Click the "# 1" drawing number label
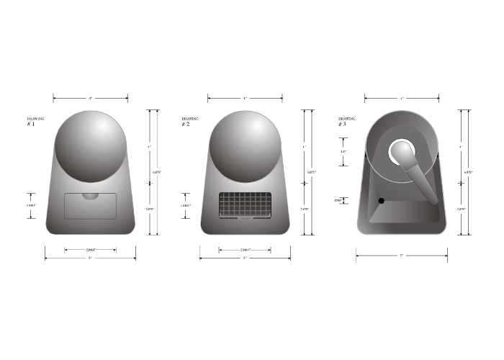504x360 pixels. point(30,125)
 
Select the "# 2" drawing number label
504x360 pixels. point(185,125)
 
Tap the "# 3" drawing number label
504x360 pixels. point(342,125)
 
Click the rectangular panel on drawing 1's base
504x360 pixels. point(91,206)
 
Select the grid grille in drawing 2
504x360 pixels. point(245,206)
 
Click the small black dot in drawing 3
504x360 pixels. point(382,200)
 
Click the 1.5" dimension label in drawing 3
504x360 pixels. point(343,152)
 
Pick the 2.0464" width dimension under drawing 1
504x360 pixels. point(90,250)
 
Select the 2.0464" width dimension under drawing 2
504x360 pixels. point(246,250)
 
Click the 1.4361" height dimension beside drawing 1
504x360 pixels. point(31,205)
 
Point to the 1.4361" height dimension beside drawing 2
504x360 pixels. point(186,205)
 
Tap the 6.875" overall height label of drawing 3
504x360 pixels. point(469,172)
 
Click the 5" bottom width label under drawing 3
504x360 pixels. point(401,256)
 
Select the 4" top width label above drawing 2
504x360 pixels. point(245,98)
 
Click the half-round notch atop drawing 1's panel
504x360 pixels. point(91,195)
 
